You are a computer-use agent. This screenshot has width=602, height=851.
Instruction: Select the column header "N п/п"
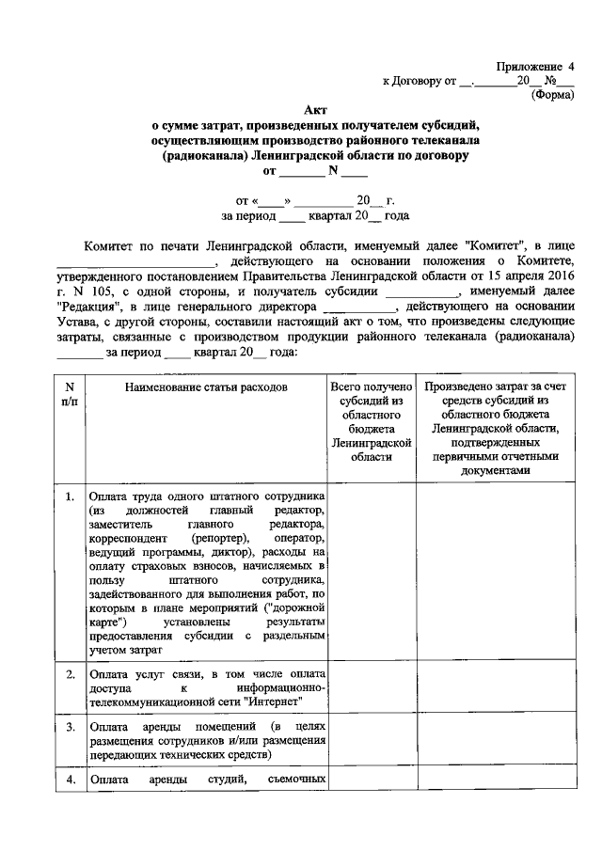[x=70, y=394]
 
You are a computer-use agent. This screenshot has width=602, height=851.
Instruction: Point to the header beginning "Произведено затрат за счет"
[x=496, y=386]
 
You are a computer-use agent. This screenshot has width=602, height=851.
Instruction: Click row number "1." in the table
[x=71, y=496]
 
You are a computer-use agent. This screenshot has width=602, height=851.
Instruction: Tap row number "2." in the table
[x=71, y=674]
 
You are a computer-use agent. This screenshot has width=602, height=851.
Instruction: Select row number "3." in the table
[x=71, y=727]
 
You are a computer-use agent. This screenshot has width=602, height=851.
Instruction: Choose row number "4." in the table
[x=71, y=779]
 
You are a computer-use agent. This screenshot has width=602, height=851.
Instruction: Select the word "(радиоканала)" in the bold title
[x=205, y=156]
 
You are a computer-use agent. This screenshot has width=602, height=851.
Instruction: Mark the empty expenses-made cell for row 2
[x=496, y=687]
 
